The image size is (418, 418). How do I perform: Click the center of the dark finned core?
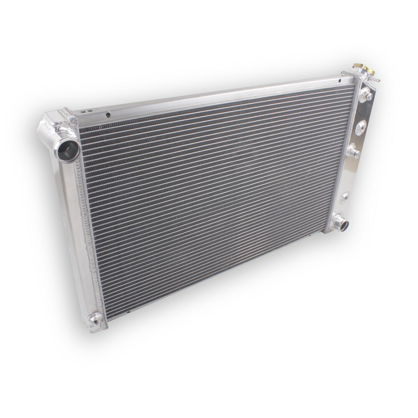[x=213, y=192]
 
